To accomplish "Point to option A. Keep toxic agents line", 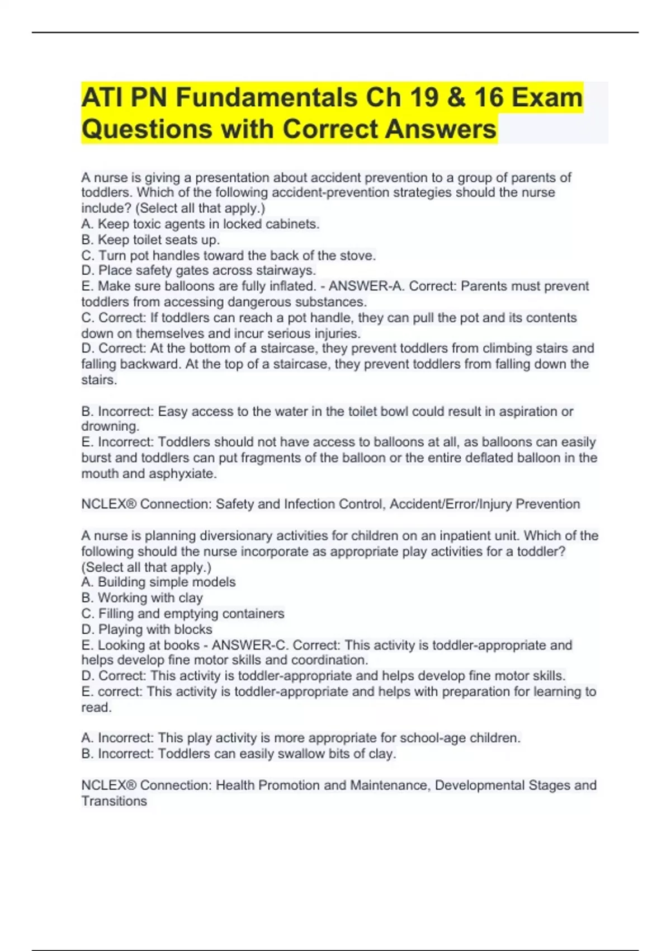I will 200,224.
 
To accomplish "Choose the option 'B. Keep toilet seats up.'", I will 150,240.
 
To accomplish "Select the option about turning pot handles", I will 228,256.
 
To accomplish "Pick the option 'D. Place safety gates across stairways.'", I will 199,271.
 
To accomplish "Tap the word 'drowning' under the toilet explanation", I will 110,427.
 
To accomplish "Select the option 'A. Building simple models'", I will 158,582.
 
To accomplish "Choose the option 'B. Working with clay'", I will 142,598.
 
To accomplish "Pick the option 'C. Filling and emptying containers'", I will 183,614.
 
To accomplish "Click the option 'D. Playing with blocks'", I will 147,629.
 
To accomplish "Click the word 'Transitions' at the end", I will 114,802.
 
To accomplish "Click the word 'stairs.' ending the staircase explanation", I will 99,380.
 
